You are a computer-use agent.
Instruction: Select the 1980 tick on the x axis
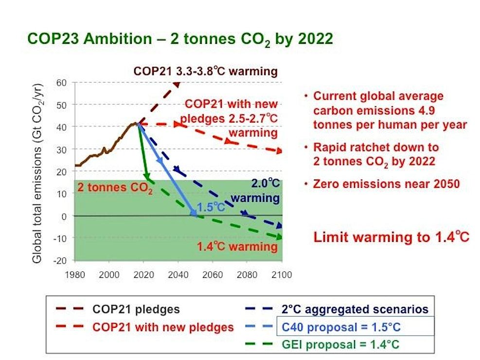(x=75, y=275)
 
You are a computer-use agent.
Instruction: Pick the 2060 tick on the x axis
(x=213, y=275)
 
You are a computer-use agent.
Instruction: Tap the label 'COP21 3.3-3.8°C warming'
(x=205, y=72)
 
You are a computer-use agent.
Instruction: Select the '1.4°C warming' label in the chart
(x=237, y=246)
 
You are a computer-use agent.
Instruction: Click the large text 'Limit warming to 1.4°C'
(x=391, y=237)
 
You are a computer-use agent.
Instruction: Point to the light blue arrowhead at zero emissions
(x=194, y=213)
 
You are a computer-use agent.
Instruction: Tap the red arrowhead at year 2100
(x=279, y=151)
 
